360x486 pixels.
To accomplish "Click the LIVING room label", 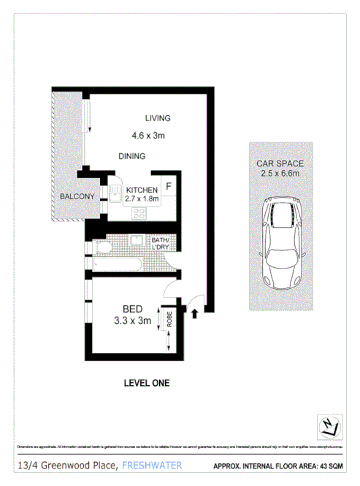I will coord(157,118).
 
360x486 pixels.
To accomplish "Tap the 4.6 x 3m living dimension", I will coord(148,135).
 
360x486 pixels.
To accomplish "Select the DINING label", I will coord(132,155).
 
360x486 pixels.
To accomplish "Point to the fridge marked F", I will coord(167,185).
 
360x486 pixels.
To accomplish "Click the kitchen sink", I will coord(115,193).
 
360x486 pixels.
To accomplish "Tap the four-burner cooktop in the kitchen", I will coord(140,214).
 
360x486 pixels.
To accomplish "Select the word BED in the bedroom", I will coord(133,309).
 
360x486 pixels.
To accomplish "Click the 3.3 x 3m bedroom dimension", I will coord(132,320).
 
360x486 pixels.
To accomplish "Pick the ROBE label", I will coord(168,319).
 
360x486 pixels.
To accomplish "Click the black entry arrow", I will coord(195,315).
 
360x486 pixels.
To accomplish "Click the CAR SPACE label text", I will coord(280,163).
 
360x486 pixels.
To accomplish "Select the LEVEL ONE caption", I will coord(147,382).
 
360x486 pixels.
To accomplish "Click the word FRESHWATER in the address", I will coord(152,465).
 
